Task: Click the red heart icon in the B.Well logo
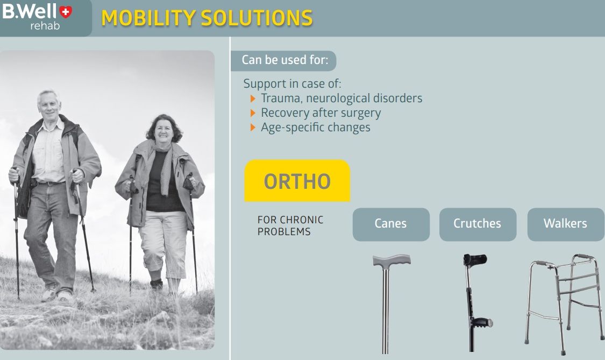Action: point(66,12)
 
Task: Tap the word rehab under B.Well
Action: point(45,26)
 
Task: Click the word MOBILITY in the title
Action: point(148,18)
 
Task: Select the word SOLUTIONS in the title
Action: point(257,18)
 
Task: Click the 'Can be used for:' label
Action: point(284,60)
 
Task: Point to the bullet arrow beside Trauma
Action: point(253,98)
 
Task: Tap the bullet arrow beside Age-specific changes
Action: point(253,128)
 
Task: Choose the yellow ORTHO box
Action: point(297,180)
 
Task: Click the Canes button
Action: point(391,224)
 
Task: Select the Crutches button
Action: point(478,224)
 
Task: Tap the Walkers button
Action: point(566,224)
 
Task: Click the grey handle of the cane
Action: point(392,260)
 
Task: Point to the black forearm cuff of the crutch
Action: point(475,259)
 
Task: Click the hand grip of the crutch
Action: point(482,322)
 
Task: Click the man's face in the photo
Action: point(49,106)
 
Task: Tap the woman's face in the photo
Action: point(163,131)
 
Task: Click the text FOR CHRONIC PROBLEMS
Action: point(290,225)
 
